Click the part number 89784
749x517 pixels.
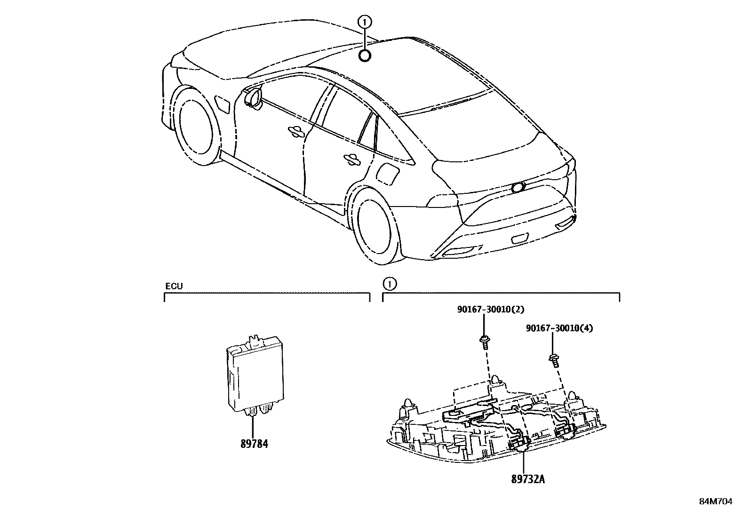click(254, 444)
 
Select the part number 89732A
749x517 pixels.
click(528, 479)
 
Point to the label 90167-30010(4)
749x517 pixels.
click(559, 328)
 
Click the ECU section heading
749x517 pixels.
click(174, 286)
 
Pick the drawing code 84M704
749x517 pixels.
click(715, 501)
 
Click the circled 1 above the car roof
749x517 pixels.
click(365, 21)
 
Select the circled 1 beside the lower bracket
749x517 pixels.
click(389, 284)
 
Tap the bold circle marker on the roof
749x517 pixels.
click(365, 56)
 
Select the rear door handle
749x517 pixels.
click(351, 159)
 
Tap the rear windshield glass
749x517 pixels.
click(470, 136)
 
